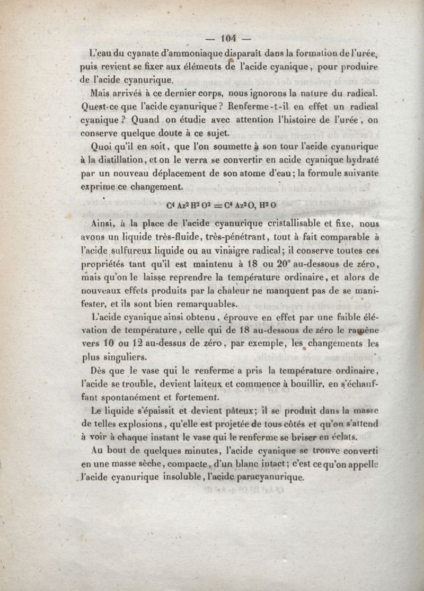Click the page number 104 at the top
click(x=229, y=38)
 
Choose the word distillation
click(x=119, y=159)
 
